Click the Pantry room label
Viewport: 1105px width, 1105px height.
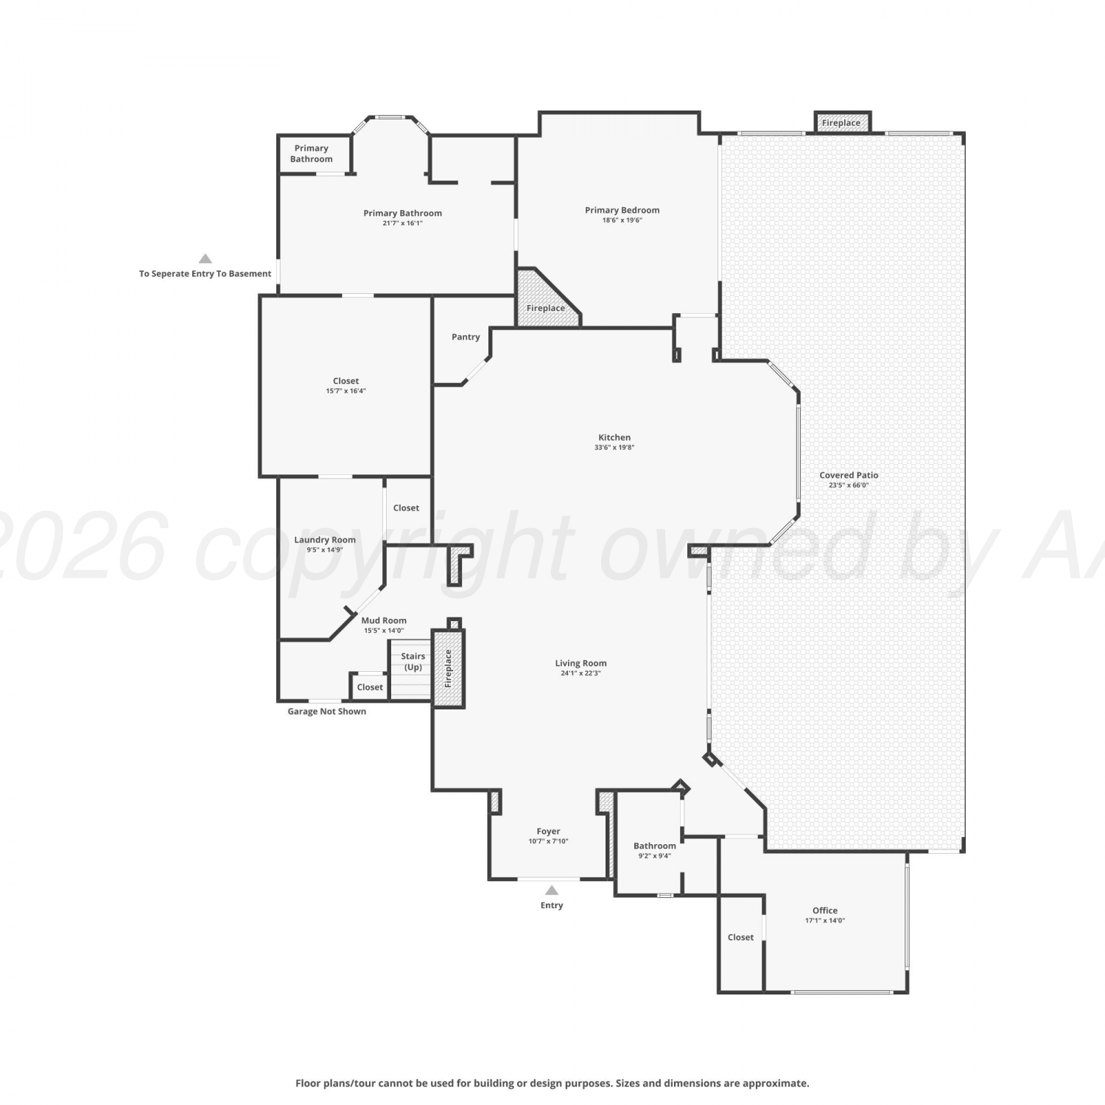pos(466,337)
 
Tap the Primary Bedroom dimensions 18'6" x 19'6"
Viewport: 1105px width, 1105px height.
pos(622,220)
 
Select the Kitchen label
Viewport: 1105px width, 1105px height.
pos(614,437)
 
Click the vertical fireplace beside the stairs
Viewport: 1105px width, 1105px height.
pos(448,668)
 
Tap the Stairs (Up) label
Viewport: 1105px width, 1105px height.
pos(413,662)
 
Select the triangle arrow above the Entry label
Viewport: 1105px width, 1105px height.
pos(552,890)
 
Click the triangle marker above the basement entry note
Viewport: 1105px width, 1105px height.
pos(206,259)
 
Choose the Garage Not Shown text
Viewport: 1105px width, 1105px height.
pos(326,711)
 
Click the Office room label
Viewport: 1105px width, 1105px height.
pos(825,910)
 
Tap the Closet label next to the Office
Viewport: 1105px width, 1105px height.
pos(740,937)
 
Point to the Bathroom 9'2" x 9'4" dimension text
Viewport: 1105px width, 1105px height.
pos(654,856)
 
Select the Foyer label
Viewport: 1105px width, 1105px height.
pos(548,831)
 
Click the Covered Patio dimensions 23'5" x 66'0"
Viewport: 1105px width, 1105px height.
pos(849,485)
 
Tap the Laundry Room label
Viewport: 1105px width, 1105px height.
pos(325,539)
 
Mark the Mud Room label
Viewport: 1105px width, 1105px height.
pos(384,620)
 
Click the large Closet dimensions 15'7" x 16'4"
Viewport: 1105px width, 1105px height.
pos(345,391)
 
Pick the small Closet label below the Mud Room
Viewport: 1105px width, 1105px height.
pos(370,687)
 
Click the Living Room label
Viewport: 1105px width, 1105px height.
pos(580,663)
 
